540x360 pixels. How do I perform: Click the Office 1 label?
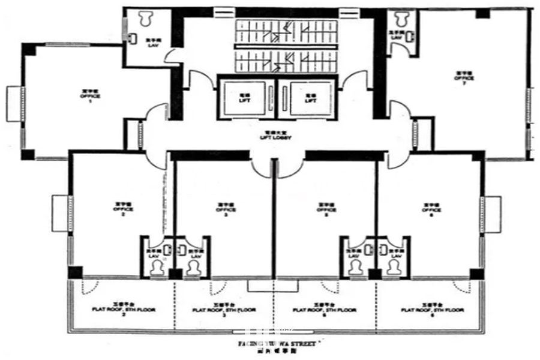pyautogui.click(x=90, y=97)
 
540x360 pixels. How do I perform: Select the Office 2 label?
pyautogui.click(x=122, y=209)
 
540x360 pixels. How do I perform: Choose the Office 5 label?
pyautogui.click(x=326, y=209)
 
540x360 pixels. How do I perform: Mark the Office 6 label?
pyautogui.click(x=431, y=209)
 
